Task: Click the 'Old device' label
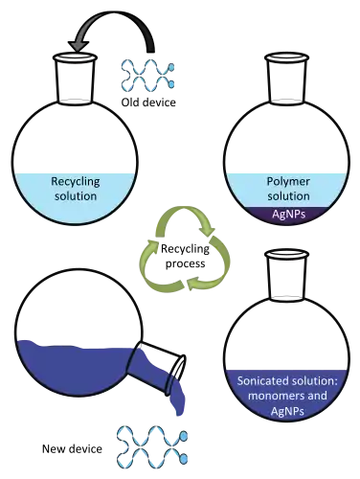point(148,103)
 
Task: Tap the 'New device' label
point(72,448)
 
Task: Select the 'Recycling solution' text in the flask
point(76,189)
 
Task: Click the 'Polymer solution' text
point(288,189)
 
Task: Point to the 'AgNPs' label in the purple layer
point(288,214)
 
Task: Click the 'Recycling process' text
point(185,256)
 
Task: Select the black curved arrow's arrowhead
point(79,46)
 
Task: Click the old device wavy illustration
point(147,75)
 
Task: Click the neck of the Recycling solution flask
point(75,79)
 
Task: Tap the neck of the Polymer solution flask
point(287,79)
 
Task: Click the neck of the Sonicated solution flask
point(287,275)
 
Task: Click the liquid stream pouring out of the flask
point(177,399)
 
